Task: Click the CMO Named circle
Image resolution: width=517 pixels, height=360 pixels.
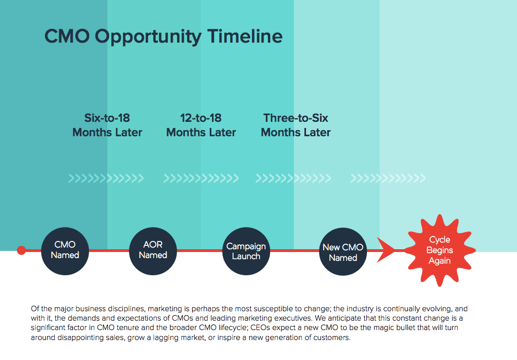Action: (65, 251)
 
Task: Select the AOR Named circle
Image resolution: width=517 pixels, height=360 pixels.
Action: (153, 251)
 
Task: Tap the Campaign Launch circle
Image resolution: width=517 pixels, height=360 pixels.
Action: (246, 251)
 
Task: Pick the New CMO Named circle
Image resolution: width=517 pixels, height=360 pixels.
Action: (343, 251)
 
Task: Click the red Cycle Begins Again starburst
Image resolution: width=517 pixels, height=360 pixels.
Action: (440, 250)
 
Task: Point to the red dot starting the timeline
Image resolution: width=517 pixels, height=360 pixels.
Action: (22, 250)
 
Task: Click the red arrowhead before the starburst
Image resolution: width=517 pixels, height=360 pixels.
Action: (386, 250)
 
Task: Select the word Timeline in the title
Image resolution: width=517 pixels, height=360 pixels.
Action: (245, 36)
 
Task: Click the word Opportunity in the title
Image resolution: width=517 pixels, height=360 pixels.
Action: (148, 37)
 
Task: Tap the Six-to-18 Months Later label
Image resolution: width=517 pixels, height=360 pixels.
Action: (107, 125)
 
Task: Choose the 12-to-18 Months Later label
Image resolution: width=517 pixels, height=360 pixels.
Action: (201, 125)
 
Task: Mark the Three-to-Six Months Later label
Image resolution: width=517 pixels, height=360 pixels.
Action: (296, 125)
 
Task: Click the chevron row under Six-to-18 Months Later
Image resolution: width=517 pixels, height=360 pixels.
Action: (106, 178)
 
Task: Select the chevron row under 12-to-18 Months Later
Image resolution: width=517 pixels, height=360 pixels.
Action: (201, 178)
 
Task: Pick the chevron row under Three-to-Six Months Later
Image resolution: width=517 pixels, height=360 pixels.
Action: (293, 178)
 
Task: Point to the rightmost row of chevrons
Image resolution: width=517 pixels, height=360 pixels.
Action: (387, 178)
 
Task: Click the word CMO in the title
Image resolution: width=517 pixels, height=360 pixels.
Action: (67, 36)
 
